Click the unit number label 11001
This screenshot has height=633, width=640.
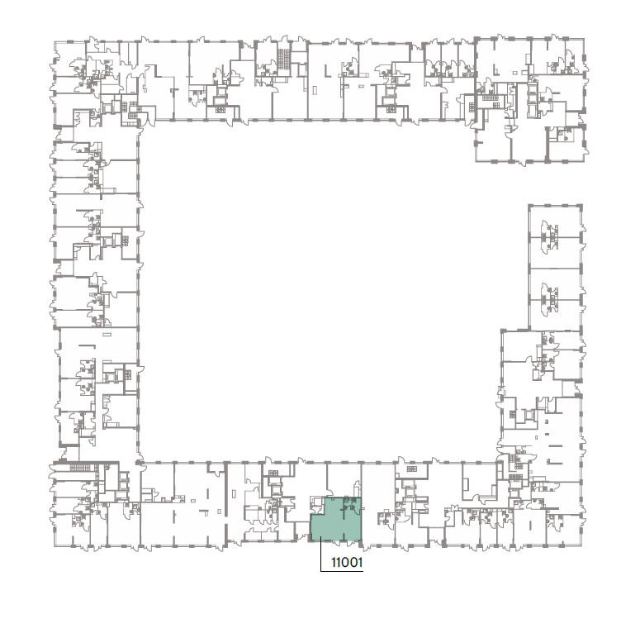[x=347, y=563]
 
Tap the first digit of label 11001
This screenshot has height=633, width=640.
[x=333, y=563]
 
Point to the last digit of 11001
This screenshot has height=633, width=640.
[x=360, y=563]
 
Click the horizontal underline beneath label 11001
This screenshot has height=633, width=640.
[x=342, y=570]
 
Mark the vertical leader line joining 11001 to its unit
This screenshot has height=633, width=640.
[x=320, y=554]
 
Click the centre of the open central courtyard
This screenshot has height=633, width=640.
[x=319, y=292]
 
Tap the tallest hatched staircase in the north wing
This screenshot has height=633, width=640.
[x=283, y=59]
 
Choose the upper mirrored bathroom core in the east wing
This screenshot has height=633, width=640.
[x=549, y=236]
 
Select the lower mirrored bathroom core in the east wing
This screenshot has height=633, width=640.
[x=549, y=299]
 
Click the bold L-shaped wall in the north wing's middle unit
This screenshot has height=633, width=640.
[x=327, y=70]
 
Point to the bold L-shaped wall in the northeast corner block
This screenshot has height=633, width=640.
[x=495, y=69]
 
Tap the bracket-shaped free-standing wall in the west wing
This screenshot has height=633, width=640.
[x=88, y=346]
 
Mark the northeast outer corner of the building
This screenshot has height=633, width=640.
[x=584, y=39]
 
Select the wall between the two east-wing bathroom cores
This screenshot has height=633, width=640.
[x=555, y=268]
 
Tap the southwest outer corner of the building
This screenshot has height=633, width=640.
[x=55, y=545]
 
